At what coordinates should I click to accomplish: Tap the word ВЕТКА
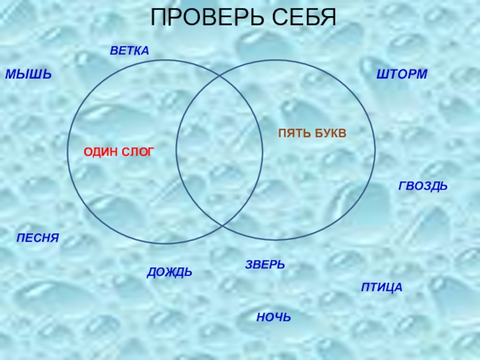pos(129,50)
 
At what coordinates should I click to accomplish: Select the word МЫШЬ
pos(28,75)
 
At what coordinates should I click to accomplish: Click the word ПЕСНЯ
pos(38,238)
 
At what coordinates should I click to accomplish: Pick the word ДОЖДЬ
pos(170,272)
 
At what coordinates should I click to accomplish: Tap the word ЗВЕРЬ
pos(265,265)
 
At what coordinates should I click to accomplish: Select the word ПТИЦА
pos(382,288)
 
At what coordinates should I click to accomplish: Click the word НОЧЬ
pos(273,316)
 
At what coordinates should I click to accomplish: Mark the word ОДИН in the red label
pos(100,152)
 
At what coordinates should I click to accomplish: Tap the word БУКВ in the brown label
pos(331,133)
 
